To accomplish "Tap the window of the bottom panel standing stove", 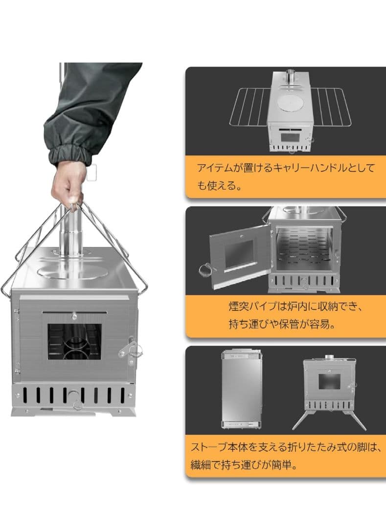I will tap(329, 381).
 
